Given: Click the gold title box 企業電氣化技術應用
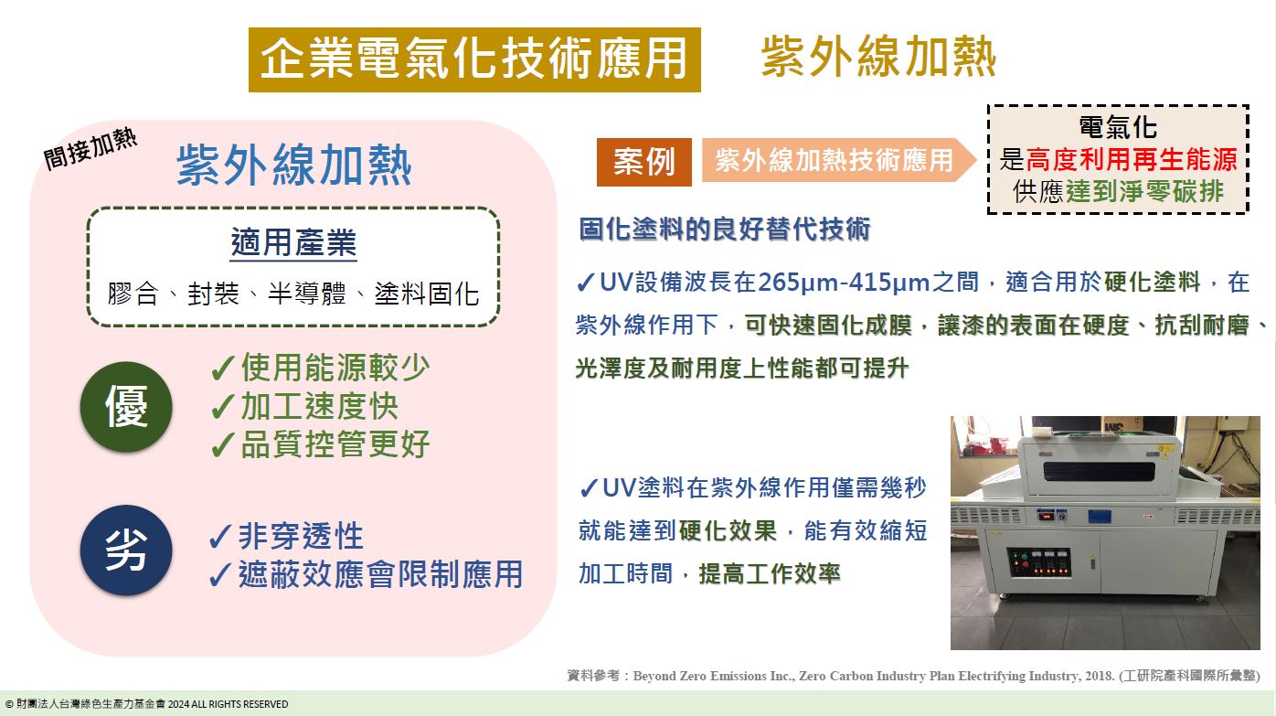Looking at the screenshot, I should pos(474,59).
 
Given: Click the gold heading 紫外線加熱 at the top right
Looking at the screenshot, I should pos(878,57).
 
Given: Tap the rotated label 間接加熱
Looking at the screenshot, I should pos(90,148).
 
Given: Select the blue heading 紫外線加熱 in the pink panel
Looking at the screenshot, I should pos(293,166).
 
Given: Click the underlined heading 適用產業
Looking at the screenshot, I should pos(293,244).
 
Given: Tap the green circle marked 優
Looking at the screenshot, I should pos(126,407).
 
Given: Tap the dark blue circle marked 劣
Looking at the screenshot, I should pos(126,550).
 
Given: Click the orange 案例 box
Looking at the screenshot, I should pos(643,162).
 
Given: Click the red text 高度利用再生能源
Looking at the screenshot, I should pos(1132,161).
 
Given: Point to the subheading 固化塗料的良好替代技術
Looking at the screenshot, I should pos(724,230).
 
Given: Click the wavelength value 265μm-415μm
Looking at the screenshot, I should pos(844,282).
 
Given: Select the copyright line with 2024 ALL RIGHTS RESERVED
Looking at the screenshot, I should pos(147,704).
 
